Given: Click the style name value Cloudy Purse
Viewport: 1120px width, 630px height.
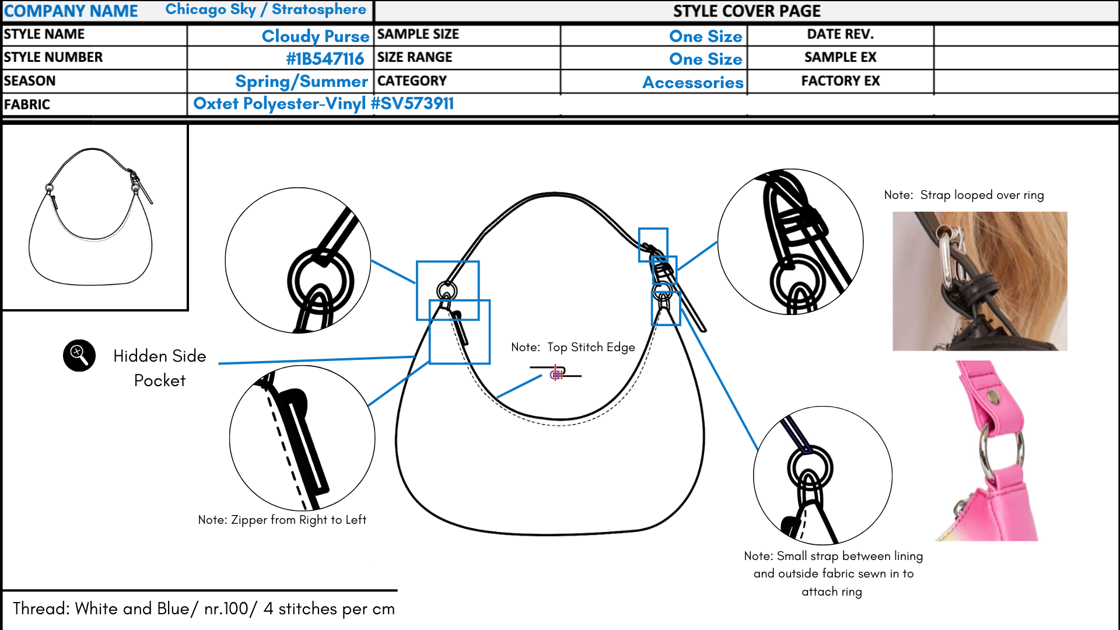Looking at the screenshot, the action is [315, 36].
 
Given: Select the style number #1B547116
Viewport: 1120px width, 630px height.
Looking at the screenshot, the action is [325, 59].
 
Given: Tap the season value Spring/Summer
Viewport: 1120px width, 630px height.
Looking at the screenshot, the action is [302, 82].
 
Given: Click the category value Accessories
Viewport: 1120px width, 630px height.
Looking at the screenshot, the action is [693, 82].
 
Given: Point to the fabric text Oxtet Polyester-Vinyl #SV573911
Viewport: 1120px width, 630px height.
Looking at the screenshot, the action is [323, 104].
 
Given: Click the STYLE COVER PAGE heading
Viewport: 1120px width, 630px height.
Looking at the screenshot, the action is [747, 11].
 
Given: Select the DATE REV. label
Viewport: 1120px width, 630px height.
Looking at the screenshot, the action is [840, 34].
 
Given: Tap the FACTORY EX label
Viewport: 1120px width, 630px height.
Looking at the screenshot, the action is [840, 81].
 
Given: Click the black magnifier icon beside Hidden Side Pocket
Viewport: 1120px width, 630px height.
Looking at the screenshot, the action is [79, 355].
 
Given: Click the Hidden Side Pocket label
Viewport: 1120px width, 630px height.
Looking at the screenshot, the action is [159, 368].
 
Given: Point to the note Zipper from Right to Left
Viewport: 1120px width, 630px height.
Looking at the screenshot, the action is [282, 520].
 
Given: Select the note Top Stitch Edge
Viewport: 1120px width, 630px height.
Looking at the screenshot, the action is [573, 347].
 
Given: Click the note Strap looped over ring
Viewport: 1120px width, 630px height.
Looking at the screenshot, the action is [964, 195].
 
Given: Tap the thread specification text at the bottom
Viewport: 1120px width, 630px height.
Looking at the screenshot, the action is [204, 608].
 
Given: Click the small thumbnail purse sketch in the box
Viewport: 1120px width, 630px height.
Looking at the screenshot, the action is [91, 216].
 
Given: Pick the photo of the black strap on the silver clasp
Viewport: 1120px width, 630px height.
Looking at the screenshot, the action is [979, 281].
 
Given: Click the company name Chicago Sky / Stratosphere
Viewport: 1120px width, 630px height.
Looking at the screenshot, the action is [265, 10].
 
